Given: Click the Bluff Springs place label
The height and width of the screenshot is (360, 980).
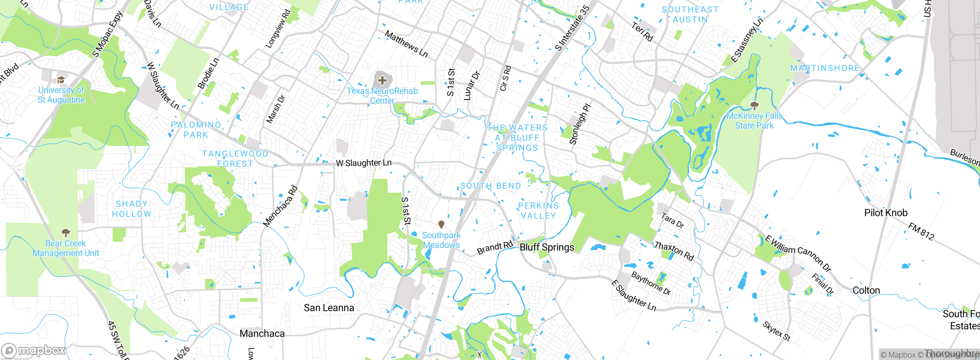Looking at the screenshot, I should [x=547, y=247].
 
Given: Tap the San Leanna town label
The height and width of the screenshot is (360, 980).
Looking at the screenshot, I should [x=329, y=308].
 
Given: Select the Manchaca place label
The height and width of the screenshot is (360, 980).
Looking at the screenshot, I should [x=262, y=334].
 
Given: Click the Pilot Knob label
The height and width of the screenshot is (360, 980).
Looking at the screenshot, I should [x=886, y=213].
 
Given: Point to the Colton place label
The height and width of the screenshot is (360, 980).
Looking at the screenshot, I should [x=866, y=290].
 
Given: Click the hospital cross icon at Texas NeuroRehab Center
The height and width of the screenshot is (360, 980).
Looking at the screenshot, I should [x=382, y=80].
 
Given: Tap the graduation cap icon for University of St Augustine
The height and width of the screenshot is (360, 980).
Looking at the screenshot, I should [x=61, y=80].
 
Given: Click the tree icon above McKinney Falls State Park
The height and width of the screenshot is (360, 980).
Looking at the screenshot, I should [x=754, y=105].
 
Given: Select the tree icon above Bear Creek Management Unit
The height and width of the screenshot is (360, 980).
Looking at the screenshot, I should [x=66, y=232].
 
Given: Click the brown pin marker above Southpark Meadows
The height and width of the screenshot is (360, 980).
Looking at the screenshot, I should [x=441, y=224].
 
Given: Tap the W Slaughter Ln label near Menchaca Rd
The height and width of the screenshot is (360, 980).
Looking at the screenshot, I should [x=364, y=163].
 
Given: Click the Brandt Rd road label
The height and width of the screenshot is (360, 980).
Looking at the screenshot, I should [x=495, y=248].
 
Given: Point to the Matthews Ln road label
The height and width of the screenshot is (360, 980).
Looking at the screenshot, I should [x=406, y=44].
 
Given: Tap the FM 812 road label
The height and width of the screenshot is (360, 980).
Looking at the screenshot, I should [x=921, y=232].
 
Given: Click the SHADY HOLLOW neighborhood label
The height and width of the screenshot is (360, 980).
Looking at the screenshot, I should [x=131, y=209].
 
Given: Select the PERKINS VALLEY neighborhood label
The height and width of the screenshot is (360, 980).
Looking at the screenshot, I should [x=538, y=211].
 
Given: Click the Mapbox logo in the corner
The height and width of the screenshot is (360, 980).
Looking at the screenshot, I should [x=34, y=350].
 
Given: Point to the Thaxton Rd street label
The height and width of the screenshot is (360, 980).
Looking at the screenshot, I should [x=674, y=251].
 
